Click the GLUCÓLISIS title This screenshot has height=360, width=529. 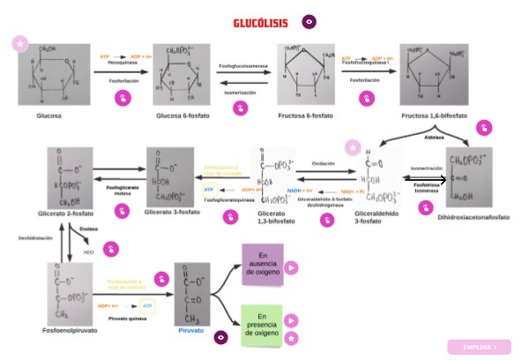pos(260,22)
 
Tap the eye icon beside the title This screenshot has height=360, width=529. pos(309,21)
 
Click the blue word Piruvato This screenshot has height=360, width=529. pos(191,331)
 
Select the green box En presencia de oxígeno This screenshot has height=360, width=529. pos(263,325)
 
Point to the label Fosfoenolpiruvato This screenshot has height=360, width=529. pos(70,331)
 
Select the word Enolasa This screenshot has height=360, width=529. pos(87,229)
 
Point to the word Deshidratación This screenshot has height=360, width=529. pos(36,238)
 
